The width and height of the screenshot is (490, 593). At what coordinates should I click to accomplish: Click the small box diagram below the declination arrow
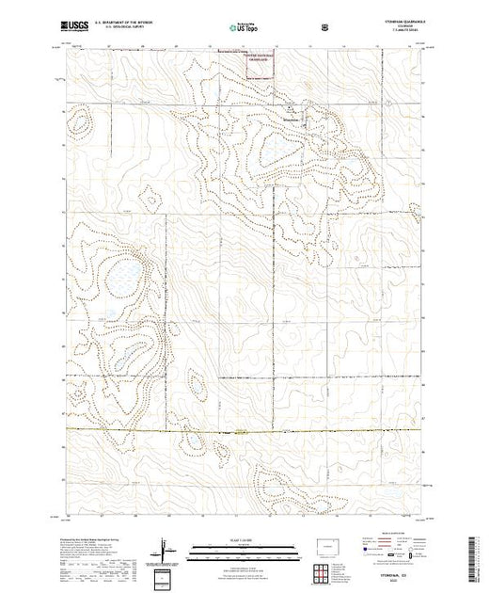[166, 576]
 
